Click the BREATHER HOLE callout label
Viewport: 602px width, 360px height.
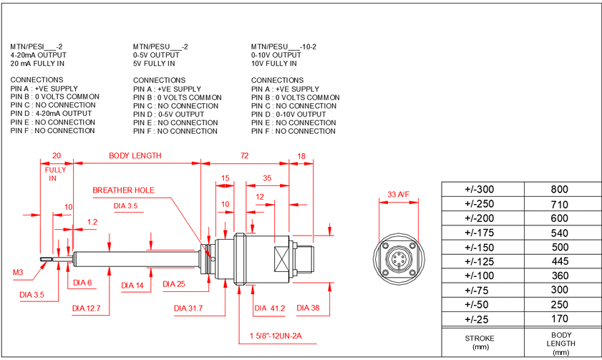click(x=123, y=190)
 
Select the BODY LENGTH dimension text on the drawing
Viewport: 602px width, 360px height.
click(x=135, y=155)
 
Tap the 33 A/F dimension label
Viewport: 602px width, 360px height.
click(x=399, y=194)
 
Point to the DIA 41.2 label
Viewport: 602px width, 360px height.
click(x=270, y=308)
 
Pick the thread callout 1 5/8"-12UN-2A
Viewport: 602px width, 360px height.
click(x=275, y=335)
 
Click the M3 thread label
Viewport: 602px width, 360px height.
click(x=18, y=272)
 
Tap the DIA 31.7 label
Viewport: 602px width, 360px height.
click(x=189, y=308)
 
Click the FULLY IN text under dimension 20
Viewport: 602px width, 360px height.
click(x=56, y=174)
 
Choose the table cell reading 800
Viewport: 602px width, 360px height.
click(x=559, y=190)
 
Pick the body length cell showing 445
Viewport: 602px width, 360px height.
click(x=559, y=261)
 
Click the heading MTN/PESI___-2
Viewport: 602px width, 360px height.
click(x=37, y=47)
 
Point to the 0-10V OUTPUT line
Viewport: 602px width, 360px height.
click(x=276, y=55)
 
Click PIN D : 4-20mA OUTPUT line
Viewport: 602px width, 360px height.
click(x=52, y=114)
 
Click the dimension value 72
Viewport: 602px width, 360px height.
click(x=244, y=155)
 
